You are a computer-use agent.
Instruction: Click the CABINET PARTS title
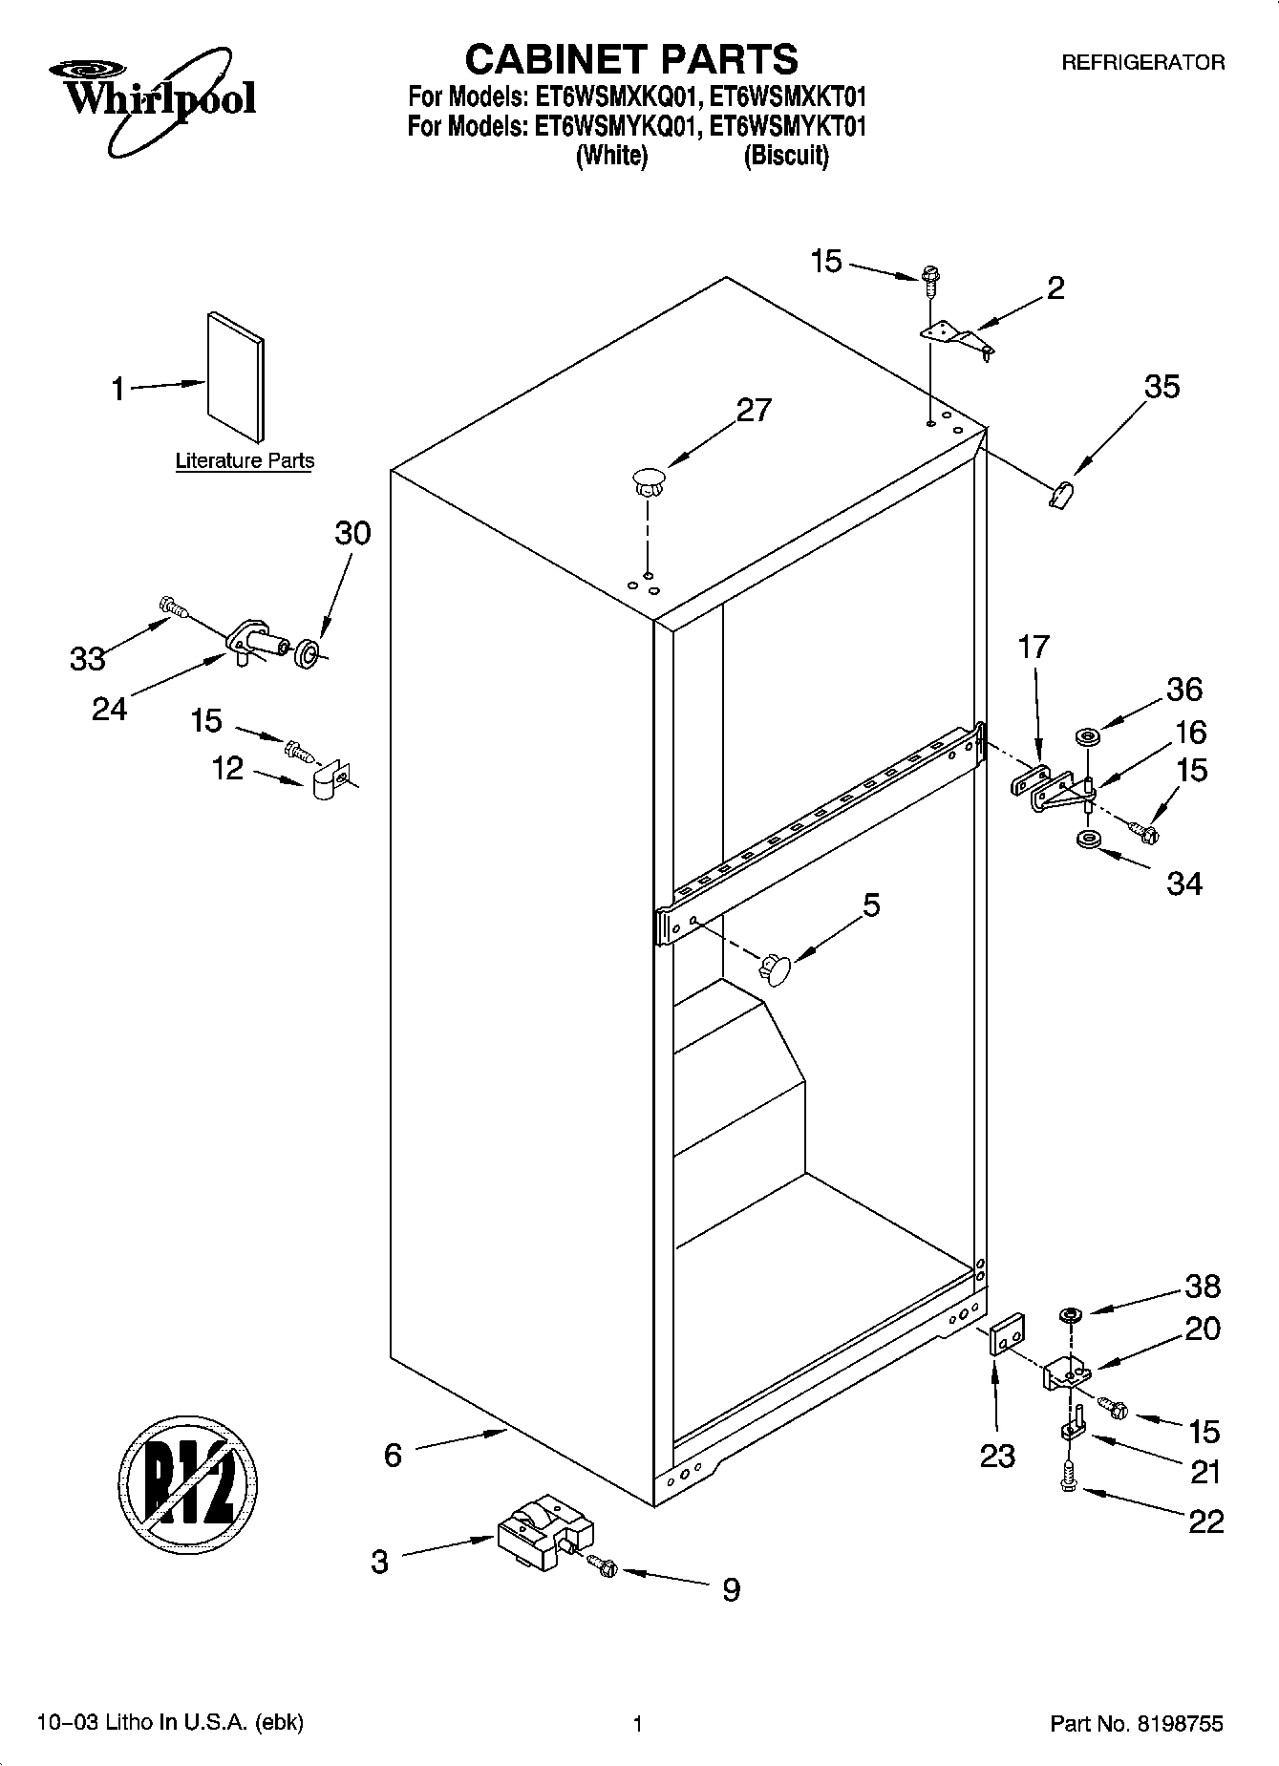(630, 59)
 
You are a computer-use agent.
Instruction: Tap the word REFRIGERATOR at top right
(1143, 63)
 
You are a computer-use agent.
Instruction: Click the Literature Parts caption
(245, 461)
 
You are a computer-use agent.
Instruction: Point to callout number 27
(754, 410)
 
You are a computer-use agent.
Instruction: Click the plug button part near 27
(648, 480)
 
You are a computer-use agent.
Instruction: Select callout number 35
(1162, 387)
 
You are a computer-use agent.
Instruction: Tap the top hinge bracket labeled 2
(956, 340)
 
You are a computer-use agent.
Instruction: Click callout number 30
(352, 533)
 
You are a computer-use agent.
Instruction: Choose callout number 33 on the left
(88, 657)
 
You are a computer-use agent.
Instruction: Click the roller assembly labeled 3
(544, 1532)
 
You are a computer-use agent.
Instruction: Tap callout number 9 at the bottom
(731, 1589)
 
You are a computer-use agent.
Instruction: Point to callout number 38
(1203, 1287)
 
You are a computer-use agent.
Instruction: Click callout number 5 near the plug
(871, 904)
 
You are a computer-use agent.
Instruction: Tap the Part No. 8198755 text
(1136, 1723)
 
